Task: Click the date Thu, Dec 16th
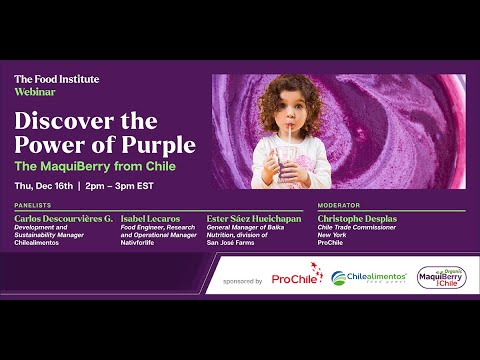click(47, 185)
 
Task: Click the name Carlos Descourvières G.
click(64, 217)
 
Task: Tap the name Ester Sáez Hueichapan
click(252, 217)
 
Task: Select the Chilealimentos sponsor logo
click(369, 278)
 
